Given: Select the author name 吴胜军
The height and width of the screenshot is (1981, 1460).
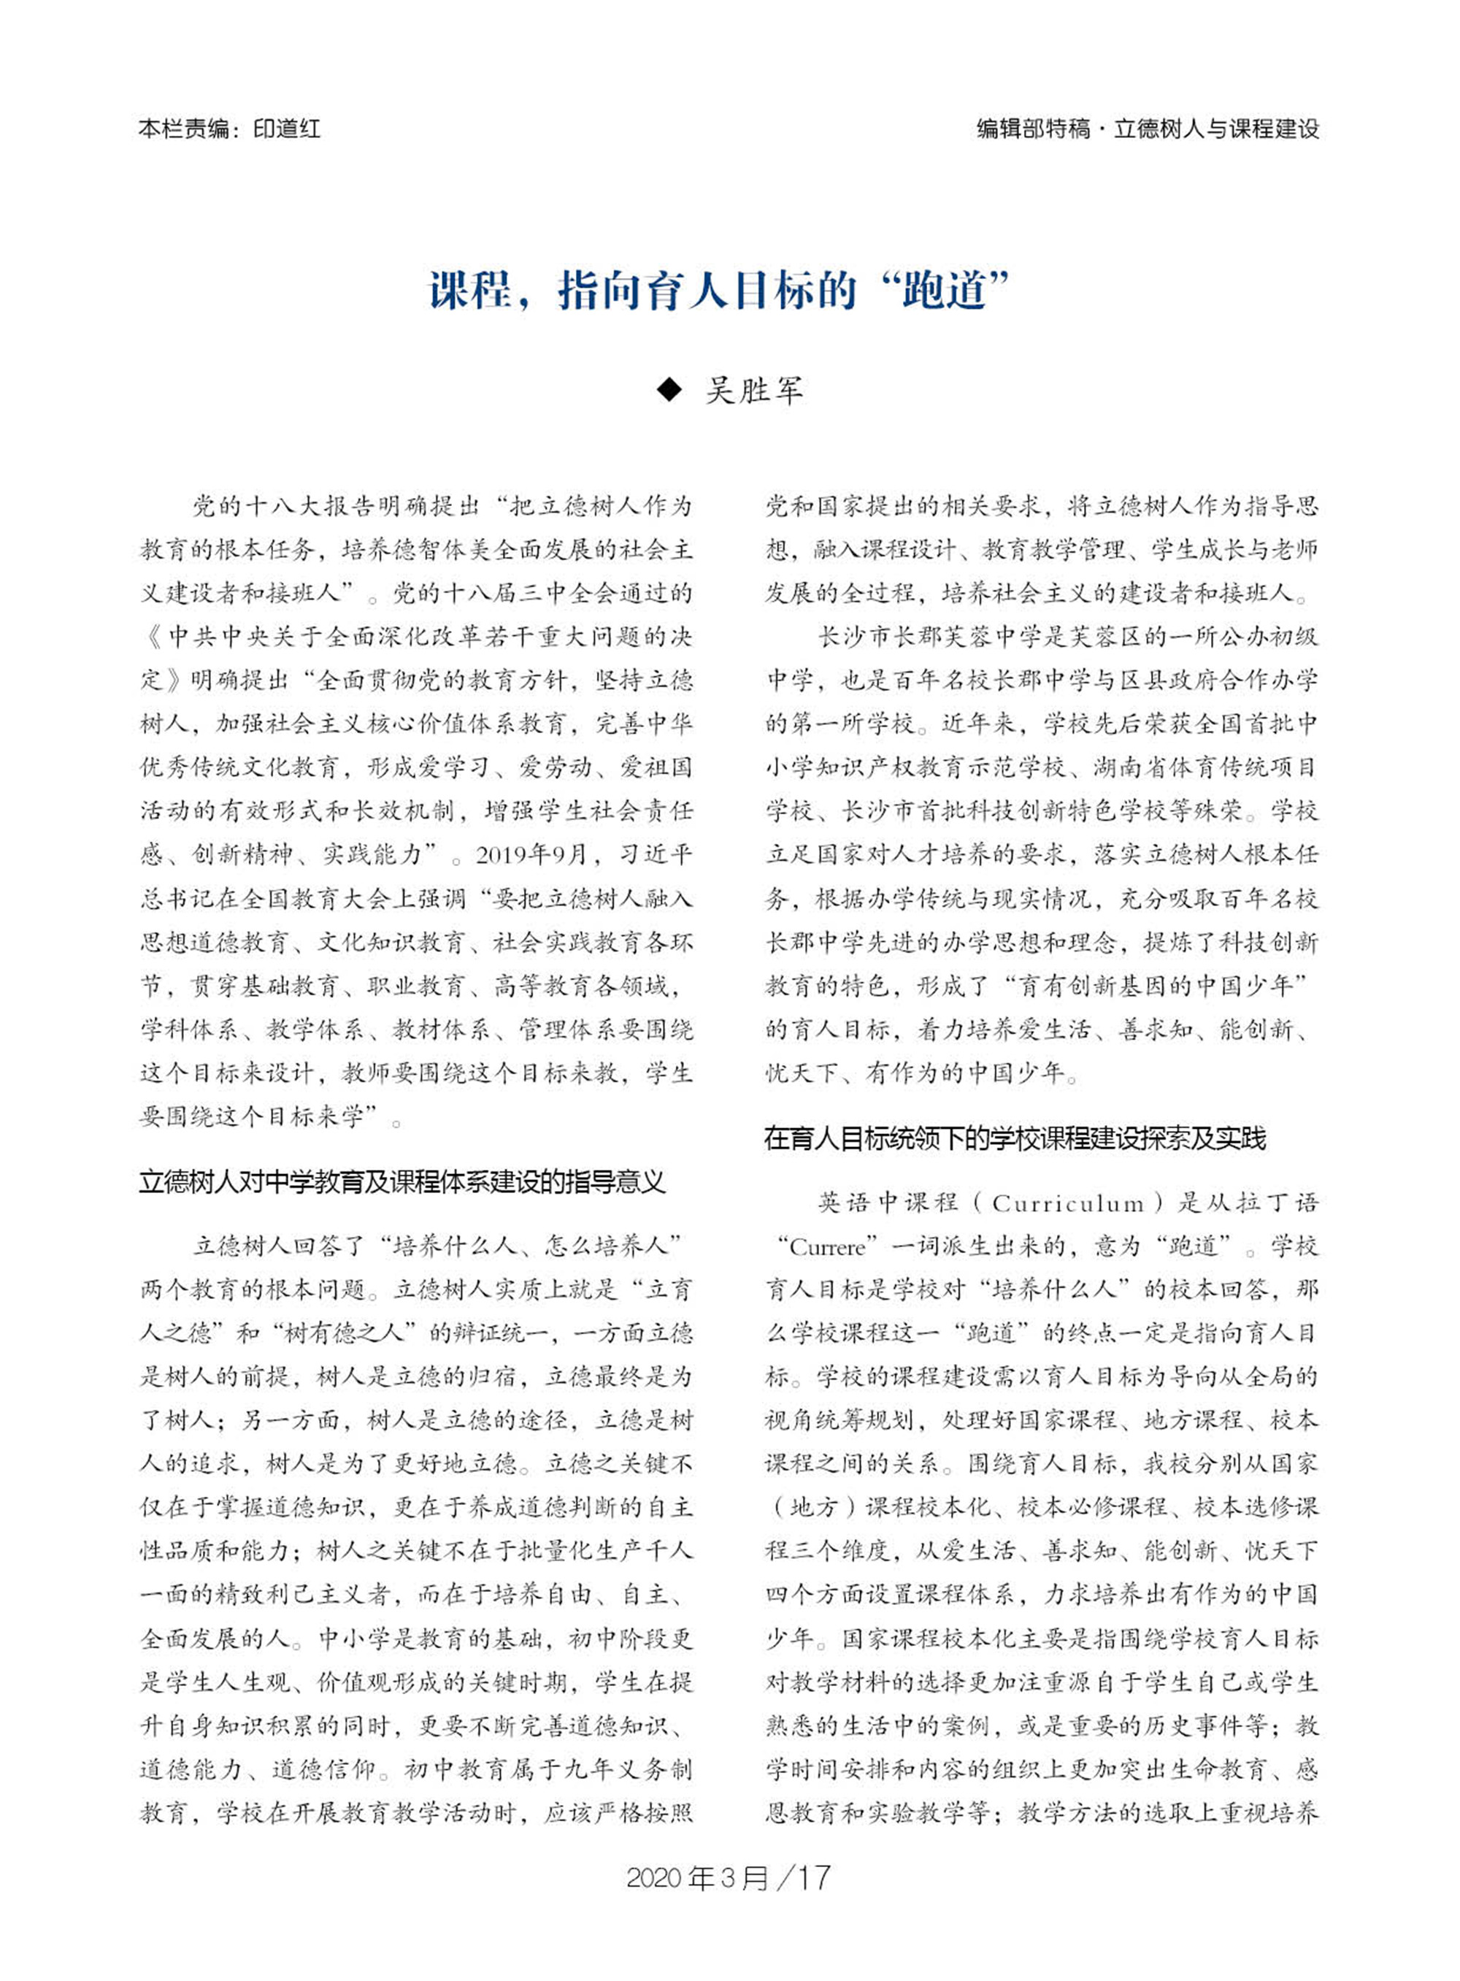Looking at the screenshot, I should tap(754, 390).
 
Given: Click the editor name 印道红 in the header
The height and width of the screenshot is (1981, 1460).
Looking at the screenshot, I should tap(286, 129).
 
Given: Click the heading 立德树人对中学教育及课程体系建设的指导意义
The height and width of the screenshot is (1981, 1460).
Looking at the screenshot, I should tap(402, 1183).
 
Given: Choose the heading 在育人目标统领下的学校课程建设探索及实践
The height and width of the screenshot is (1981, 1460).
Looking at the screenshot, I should tap(1015, 1138).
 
